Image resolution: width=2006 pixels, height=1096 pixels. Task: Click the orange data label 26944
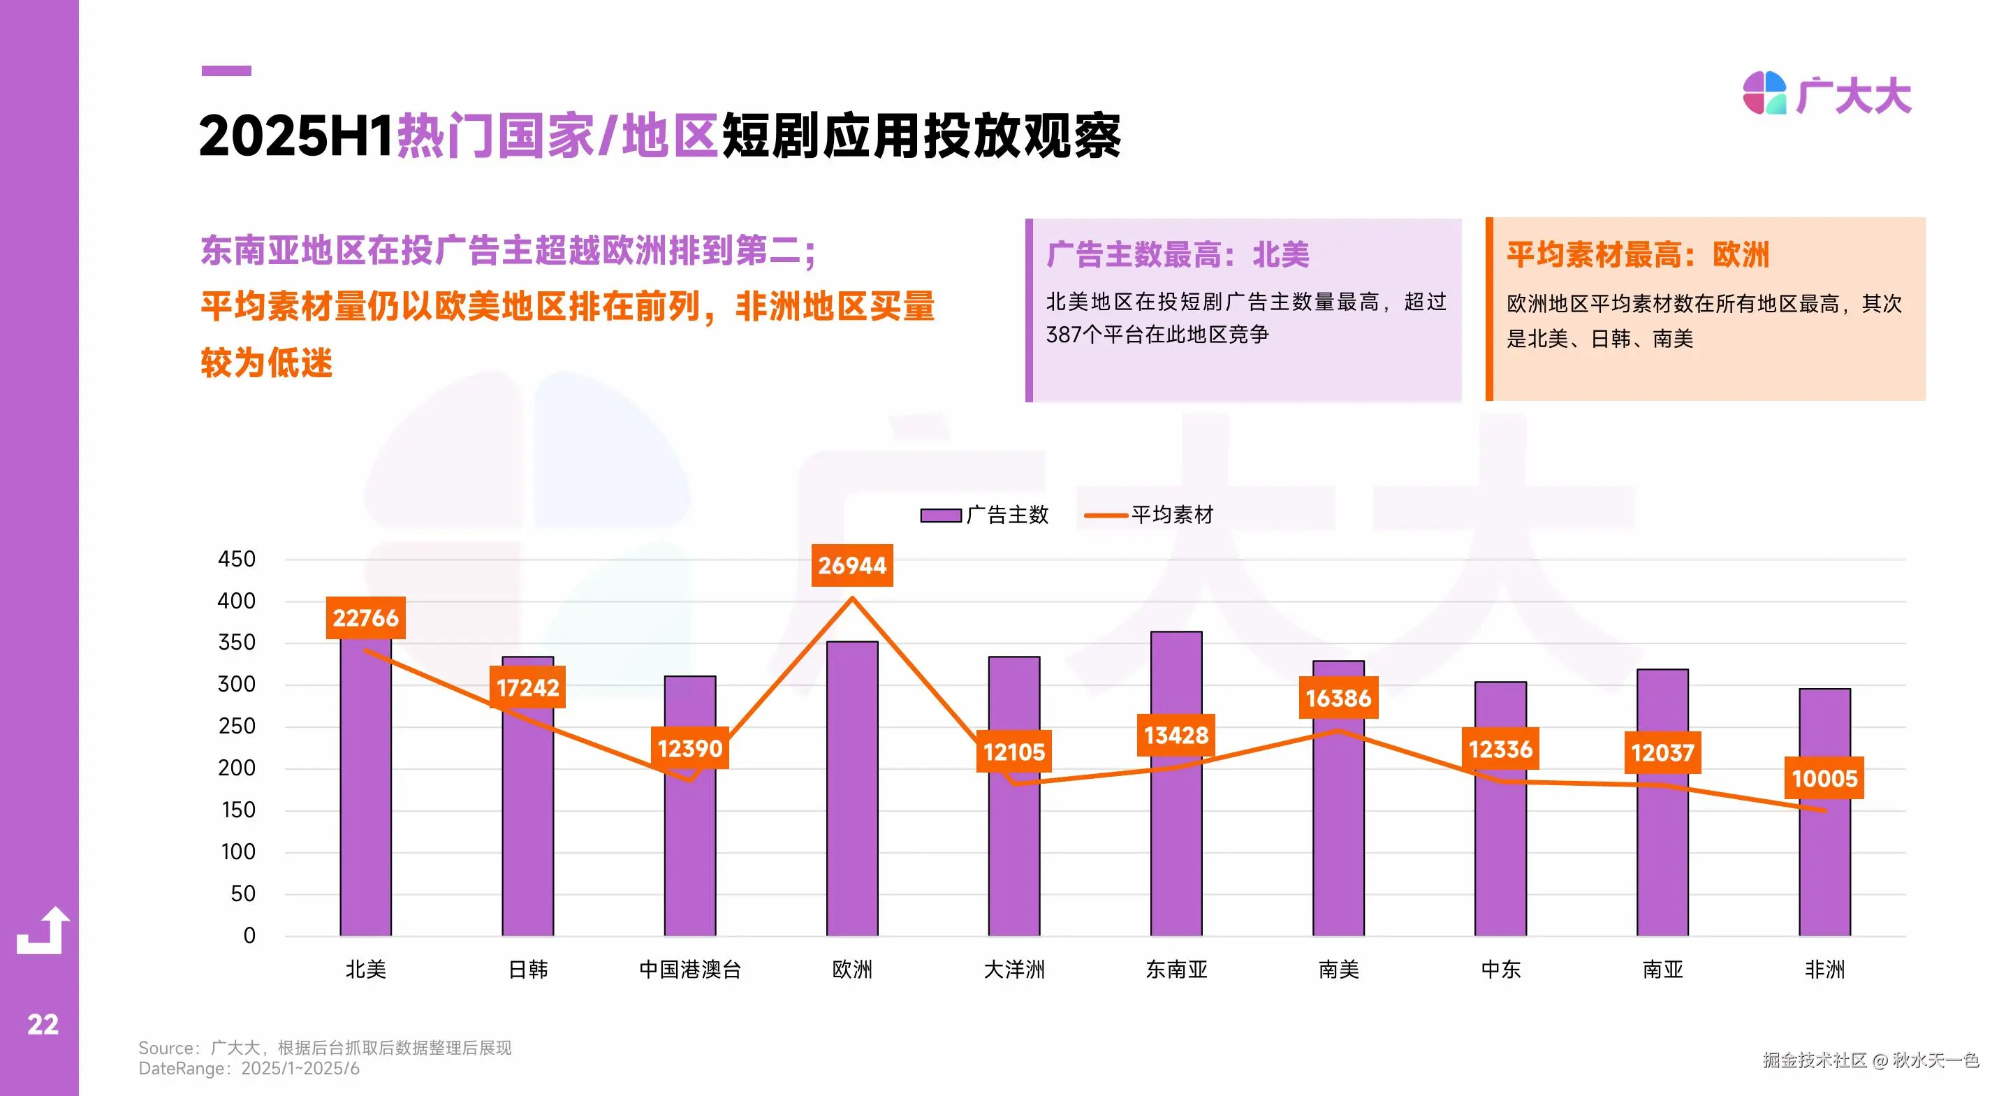point(852,566)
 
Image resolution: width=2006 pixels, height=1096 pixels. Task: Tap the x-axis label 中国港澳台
point(690,970)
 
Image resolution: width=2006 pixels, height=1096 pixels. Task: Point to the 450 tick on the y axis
point(237,560)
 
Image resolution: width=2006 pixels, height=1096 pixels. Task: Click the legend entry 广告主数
point(985,515)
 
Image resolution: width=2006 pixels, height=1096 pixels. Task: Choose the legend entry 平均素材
point(1150,515)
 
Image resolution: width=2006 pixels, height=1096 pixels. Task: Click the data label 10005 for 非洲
point(1824,778)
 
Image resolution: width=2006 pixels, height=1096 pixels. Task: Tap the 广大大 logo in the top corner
point(1827,95)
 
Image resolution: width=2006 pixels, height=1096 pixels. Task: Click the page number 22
point(43,1024)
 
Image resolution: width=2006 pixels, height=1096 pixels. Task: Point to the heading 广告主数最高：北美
point(1178,255)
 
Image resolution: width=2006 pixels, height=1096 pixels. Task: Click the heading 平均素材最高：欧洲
point(1638,255)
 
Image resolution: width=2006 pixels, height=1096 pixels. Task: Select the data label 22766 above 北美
point(365,618)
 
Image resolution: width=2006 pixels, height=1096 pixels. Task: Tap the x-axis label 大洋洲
point(1014,970)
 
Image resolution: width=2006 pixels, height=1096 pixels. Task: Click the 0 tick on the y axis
point(249,935)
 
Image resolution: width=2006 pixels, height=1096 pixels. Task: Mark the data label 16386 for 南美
point(1338,698)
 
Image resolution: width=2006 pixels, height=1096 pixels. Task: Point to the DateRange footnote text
point(249,1069)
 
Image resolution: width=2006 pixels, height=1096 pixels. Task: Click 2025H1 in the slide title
point(296,136)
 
